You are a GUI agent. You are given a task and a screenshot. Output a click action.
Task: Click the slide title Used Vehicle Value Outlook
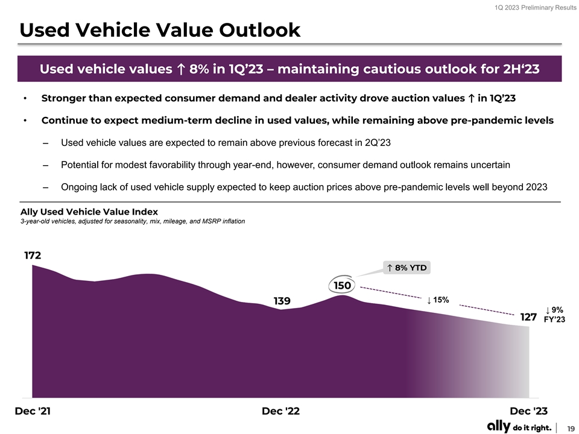point(160,30)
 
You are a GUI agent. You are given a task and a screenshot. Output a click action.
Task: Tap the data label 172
point(33,256)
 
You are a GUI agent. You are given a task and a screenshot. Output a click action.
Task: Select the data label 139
point(282,301)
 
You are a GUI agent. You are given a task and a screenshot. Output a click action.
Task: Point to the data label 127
point(528,317)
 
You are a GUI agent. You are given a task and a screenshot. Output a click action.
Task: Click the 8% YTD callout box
point(408,268)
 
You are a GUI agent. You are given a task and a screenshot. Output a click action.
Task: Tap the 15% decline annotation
point(438,300)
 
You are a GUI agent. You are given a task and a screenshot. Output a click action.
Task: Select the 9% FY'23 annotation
point(554,315)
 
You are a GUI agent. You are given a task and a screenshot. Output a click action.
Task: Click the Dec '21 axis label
point(33,411)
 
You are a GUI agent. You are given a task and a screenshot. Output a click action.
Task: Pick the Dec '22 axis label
point(280,411)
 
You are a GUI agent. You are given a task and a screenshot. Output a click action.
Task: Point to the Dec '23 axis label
point(529,411)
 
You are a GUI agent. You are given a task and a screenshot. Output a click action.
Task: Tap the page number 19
point(570,427)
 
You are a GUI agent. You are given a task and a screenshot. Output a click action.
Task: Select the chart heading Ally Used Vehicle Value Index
point(89,212)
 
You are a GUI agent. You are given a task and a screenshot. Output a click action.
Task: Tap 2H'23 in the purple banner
point(519,69)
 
